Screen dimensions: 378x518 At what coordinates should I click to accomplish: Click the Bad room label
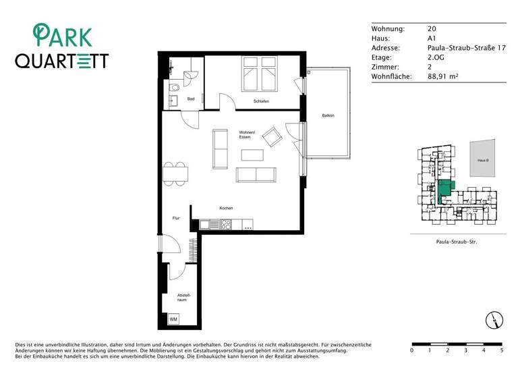click(191, 99)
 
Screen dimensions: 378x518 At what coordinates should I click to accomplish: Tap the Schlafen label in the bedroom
click(262, 101)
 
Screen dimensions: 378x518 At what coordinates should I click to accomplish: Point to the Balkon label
click(328, 115)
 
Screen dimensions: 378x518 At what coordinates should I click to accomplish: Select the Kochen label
click(226, 208)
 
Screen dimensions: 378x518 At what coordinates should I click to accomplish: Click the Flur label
click(176, 218)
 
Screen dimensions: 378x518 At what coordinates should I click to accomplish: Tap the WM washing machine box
click(173, 319)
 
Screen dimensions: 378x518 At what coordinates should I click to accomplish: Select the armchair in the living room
click(273, 137)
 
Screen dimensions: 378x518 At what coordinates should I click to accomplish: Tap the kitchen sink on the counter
click(214, 224)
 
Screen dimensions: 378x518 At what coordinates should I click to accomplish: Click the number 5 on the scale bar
click(501, 351)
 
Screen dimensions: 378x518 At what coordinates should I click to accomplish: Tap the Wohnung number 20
click(432, 29)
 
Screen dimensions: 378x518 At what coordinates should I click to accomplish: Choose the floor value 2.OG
click(436, 58)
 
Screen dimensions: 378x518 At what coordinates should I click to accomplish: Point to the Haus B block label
click(482, 161)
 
